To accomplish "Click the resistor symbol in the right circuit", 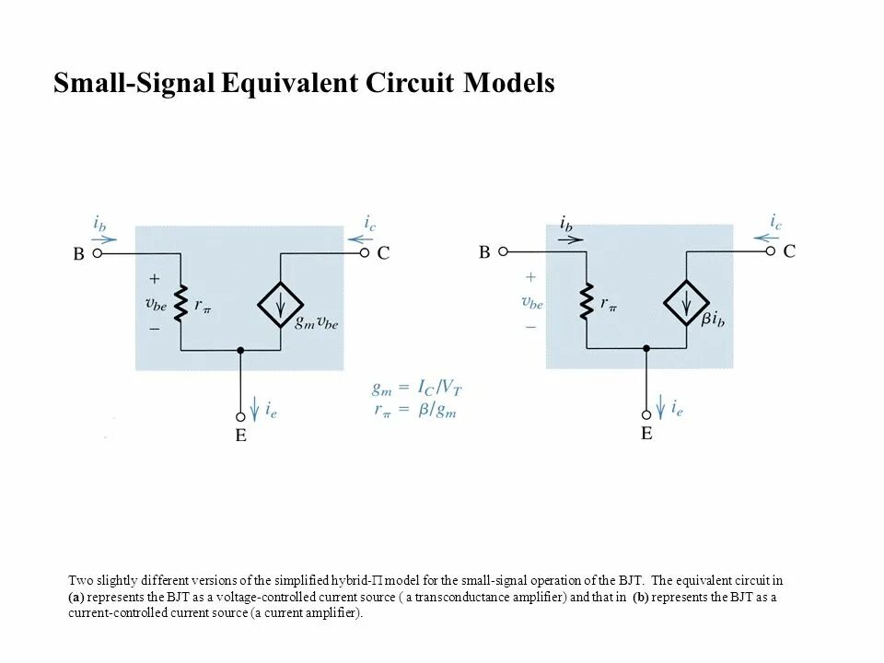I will (x=587, y=300).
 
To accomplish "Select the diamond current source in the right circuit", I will (x=686, y=300).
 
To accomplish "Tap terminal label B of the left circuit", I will (x=79, y=254).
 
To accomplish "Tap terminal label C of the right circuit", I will (x=789, y=250).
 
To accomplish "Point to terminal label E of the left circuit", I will (x=240, y=436).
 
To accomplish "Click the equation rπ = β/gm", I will (x=413, y=410).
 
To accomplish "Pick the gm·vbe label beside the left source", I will (x=316, y=323).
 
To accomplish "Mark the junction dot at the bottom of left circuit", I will (x=240, y=350).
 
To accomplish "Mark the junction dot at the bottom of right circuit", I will (x=646, y=347).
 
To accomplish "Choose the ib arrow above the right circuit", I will (x=571, y=238).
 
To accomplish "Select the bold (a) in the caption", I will (x=76, y=597).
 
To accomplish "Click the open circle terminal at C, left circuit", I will (x=364, y=252).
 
